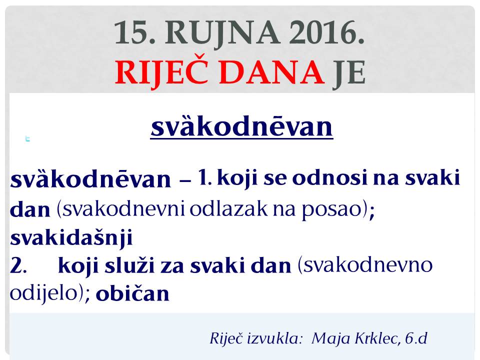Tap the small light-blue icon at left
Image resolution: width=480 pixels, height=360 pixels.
[27, 139]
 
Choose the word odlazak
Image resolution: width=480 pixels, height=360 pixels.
[228, 208]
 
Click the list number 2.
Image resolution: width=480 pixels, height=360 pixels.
[18, 265]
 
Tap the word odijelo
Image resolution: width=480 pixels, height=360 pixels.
[43, 292]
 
